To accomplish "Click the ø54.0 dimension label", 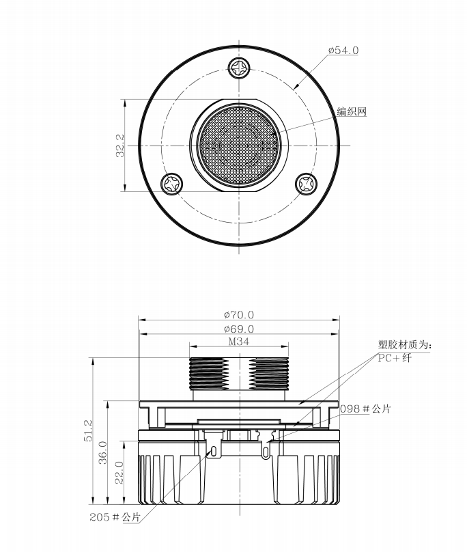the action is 343,51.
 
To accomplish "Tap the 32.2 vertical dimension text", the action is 120,146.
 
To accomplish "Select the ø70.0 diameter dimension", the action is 239,314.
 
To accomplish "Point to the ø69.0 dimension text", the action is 239,329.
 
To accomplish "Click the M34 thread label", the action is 239,342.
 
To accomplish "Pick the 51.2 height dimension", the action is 87,430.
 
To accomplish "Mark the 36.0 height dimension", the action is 102,452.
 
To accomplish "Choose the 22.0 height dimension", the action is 119,473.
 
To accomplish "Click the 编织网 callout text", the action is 352,111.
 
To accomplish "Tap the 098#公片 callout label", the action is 365,409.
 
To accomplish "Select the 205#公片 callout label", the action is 115,516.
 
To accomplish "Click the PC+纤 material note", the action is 395,359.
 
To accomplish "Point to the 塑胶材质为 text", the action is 402,344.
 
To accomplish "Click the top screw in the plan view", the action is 239,68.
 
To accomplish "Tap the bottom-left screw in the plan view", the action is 172,183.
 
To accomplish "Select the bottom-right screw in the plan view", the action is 306,183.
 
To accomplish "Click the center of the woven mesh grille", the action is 239,146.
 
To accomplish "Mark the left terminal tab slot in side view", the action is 213,452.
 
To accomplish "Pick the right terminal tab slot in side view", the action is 265,452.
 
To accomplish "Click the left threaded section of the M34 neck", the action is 209,374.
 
